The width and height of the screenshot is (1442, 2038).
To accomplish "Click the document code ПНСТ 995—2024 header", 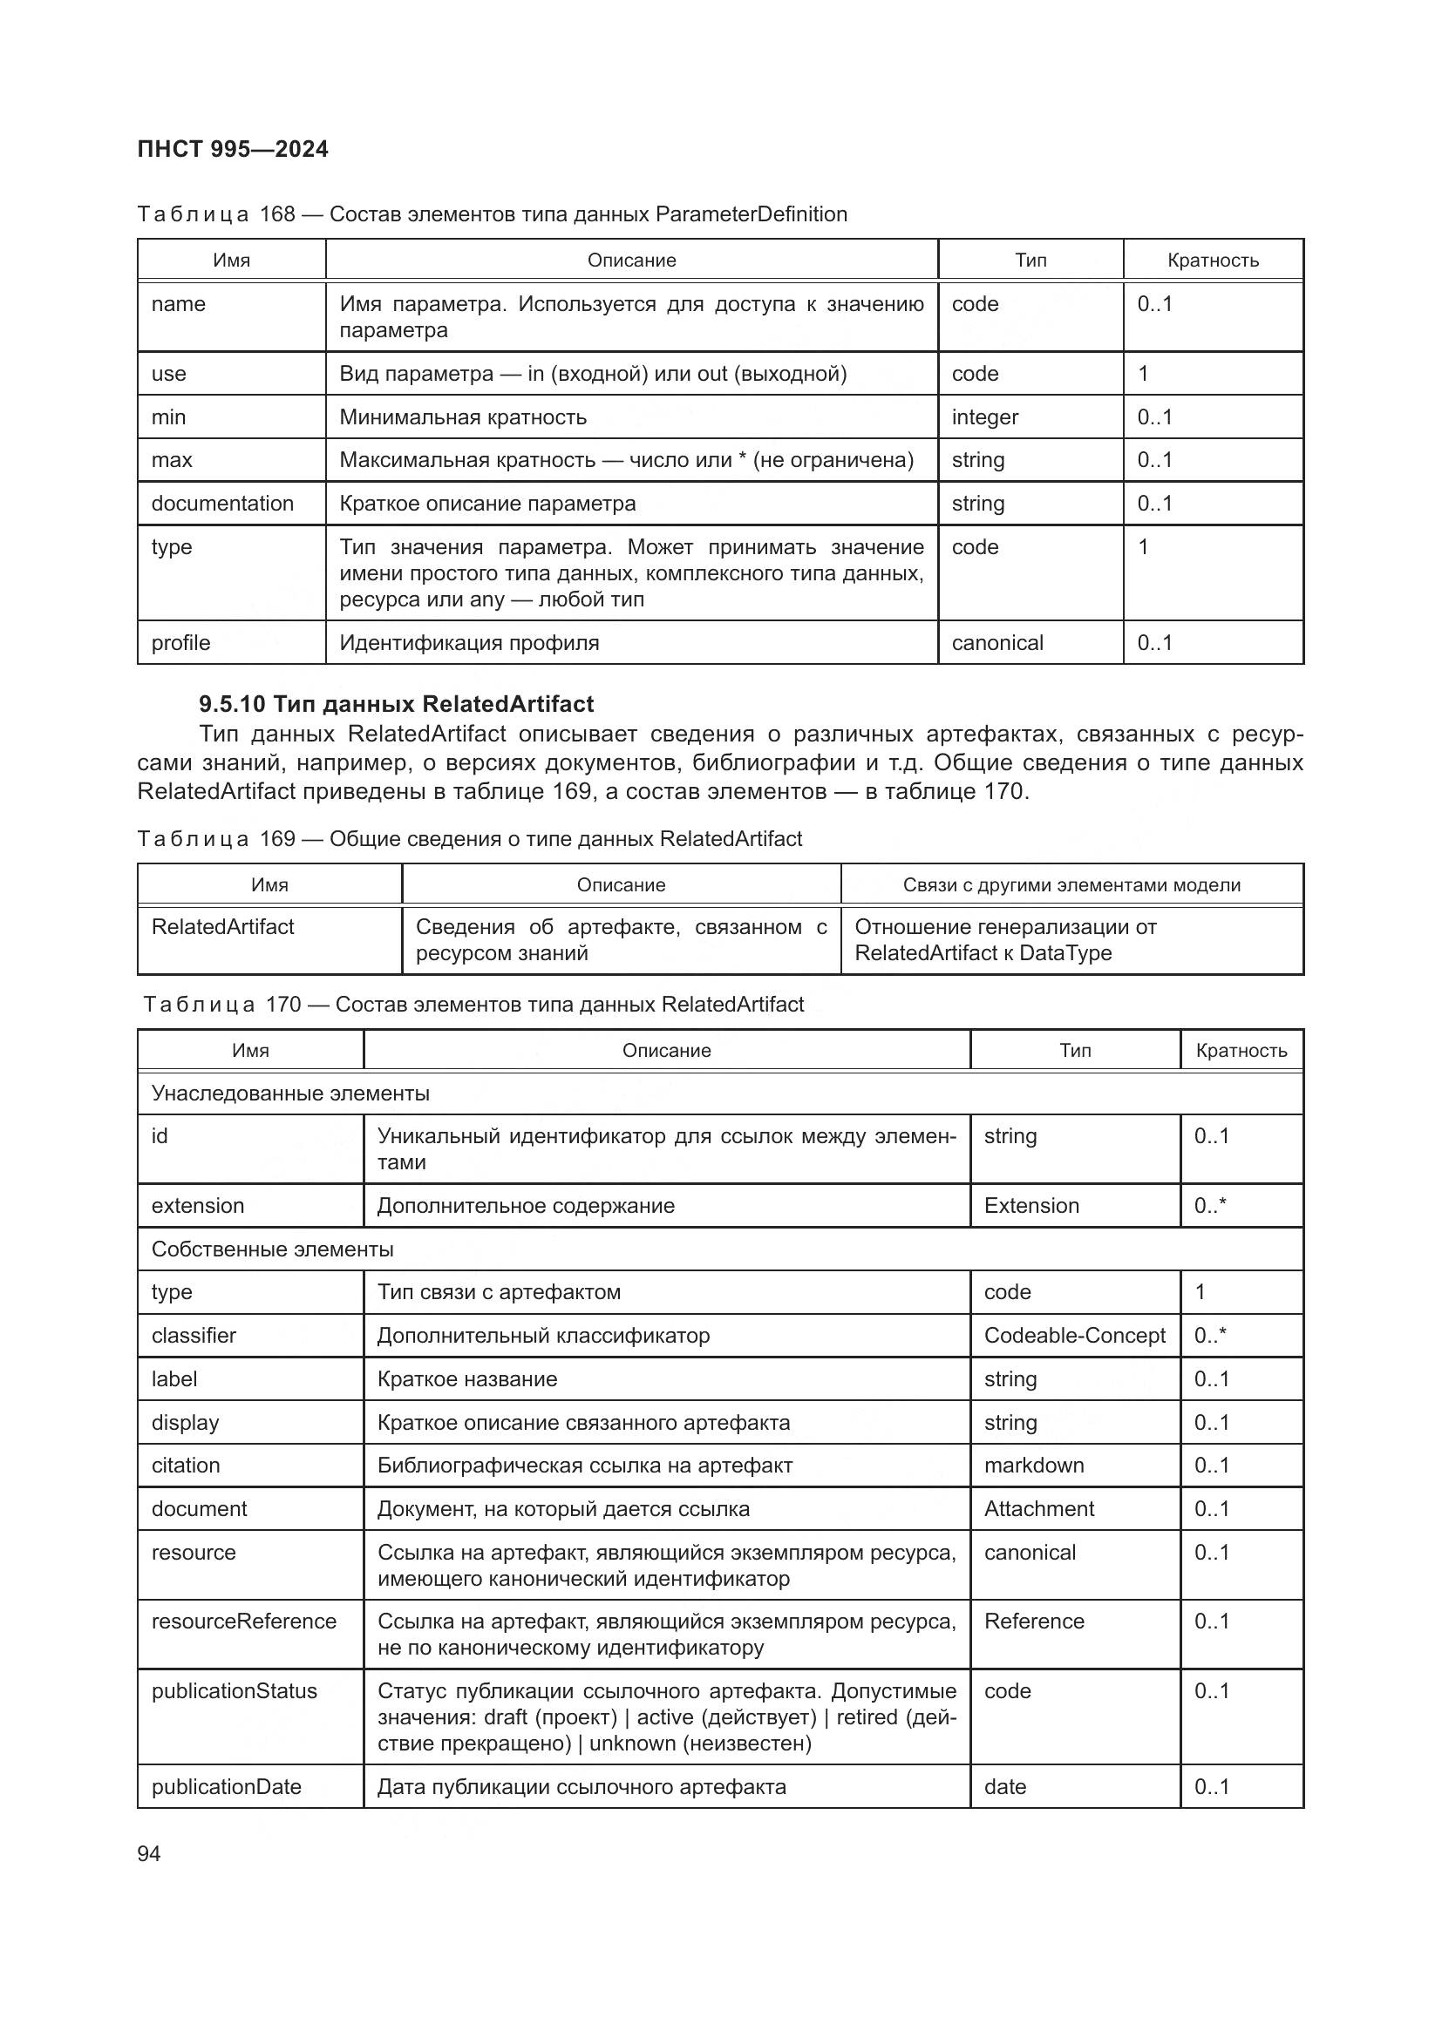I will (233, 149).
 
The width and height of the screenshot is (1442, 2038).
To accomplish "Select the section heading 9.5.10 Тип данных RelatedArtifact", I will (396, 704).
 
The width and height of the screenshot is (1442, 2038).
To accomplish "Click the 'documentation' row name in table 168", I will (222, 504).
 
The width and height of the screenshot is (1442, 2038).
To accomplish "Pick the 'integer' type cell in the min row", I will (984, 417).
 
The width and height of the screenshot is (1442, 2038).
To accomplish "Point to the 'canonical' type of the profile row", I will (997, 643).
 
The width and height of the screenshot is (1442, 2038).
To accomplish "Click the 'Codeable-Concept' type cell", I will (1074, 1335).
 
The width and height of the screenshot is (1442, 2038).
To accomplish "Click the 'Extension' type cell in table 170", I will (1031, 1205).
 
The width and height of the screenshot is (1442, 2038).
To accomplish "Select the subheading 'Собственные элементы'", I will (273, 1249).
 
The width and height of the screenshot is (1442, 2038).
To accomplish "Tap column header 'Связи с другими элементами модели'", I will (1071, 885).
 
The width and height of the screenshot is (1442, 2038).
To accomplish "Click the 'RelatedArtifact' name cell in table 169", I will (223, 927).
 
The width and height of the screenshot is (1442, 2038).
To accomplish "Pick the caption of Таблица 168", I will (492, 214).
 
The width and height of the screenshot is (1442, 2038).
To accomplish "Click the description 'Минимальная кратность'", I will (463, 417).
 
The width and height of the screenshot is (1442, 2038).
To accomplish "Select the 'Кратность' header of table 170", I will (1241, 1051).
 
